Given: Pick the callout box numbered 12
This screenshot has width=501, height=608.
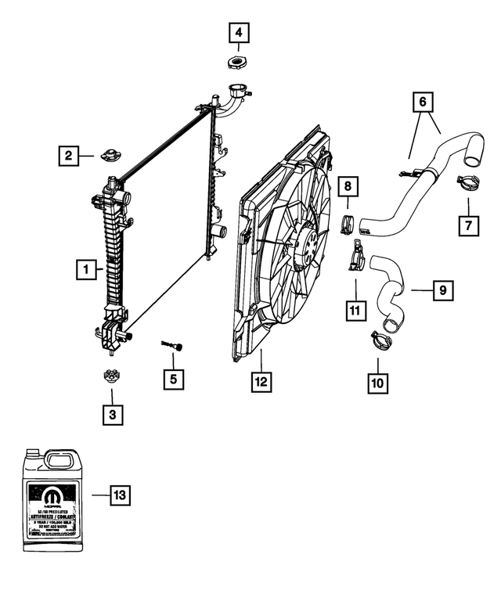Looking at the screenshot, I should [260, 383].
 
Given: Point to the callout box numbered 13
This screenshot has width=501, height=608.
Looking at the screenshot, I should [120, 495].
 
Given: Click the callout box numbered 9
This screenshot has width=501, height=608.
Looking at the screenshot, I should [442, 290].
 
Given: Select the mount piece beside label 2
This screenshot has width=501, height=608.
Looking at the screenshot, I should [109, 153].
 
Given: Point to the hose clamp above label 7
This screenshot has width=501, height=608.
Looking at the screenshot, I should [467, 185].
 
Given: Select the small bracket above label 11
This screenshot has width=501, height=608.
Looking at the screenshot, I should [357, 256].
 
